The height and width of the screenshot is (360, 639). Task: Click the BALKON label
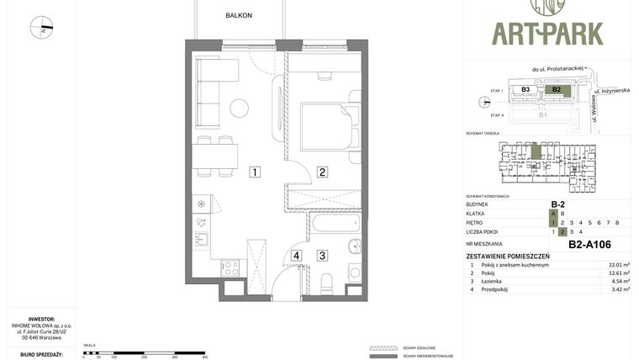pyautogui.click(x=239, y=15)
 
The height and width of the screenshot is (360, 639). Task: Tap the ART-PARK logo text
pyautogui.click(x=547, y=34)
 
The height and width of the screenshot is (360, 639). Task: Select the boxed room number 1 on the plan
pyautogui.click(x=254, y=172)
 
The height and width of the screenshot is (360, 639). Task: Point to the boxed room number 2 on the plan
pyautogui.click(x=322, y=172)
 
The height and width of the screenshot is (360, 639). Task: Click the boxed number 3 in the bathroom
pyautogui.click(x=322, y=256)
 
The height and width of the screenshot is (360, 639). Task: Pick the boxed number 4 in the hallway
pyautogui.click(x=296, y=256)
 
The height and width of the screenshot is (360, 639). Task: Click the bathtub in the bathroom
pyautogui.click(x=334, y=224)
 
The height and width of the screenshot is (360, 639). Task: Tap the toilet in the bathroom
pyautogui.click(x=327, y=279)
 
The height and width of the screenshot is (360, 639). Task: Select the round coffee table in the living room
pyautogui.click(x=240, y=108)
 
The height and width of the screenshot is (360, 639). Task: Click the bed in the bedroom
pyautogui.click(x=325, y=126)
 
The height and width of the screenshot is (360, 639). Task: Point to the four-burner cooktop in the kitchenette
pyautogui.click(x=230, y=268)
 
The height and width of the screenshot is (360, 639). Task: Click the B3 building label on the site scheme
pyautogui.click(x=525, y=89)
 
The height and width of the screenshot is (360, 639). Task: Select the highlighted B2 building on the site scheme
pyautogui.click(x=555, y=89)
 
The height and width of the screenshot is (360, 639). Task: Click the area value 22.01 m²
pyautogui.click(x=620, y=265)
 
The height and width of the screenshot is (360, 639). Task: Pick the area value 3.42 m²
pyautogui.click(x=620, y=289)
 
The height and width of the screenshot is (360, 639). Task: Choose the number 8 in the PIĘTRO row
pyautogui.click(x=617, y=223)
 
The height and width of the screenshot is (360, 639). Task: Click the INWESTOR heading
pyautogui.click(x=41, y=320)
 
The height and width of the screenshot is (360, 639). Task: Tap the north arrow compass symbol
pyautogui.click(x=41, y=28)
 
